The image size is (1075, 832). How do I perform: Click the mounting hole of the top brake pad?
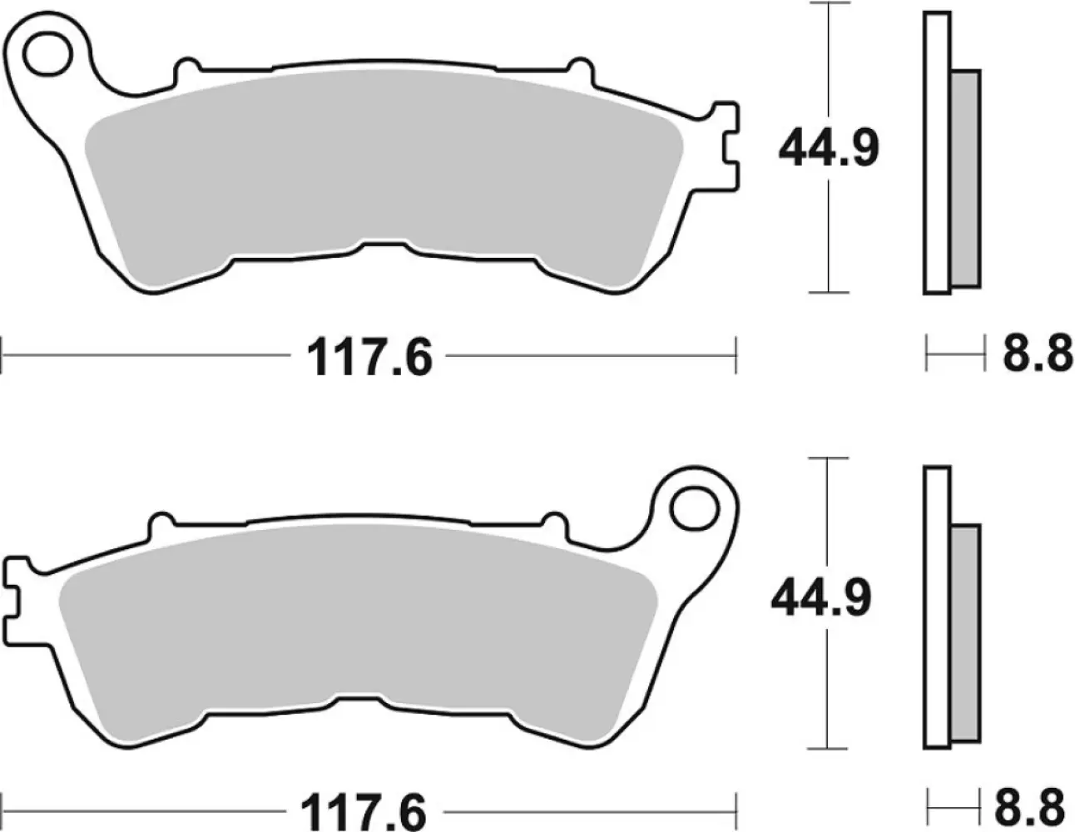47,55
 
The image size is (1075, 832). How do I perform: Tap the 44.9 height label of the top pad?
828,149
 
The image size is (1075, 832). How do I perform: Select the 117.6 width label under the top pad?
370,359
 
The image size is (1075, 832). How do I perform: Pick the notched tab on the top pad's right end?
723,146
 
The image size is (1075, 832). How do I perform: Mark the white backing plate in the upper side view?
936,154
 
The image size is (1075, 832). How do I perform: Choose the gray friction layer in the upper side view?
965,179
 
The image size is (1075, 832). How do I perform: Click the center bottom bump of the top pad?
384,248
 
